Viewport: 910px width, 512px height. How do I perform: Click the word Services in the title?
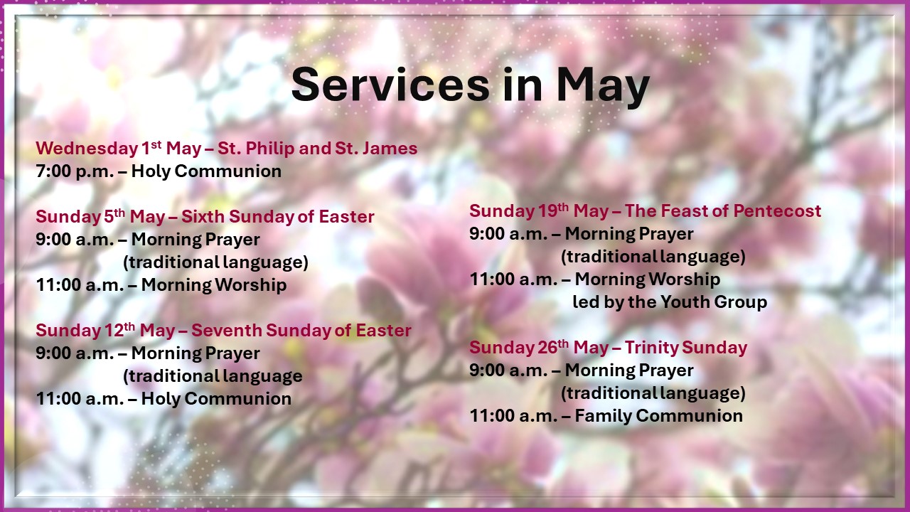tap(390, 85)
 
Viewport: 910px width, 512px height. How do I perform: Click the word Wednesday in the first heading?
tap(87, 149)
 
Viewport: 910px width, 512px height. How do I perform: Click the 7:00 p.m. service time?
tap(75, 171)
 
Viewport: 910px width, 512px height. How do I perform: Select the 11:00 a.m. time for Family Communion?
tap(513, 416)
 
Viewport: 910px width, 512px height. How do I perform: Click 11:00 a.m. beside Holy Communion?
tap(80, 399)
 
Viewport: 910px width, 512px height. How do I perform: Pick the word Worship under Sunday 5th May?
tap(250, 285)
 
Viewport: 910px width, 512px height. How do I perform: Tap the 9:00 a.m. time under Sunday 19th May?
tap(508, 234)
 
